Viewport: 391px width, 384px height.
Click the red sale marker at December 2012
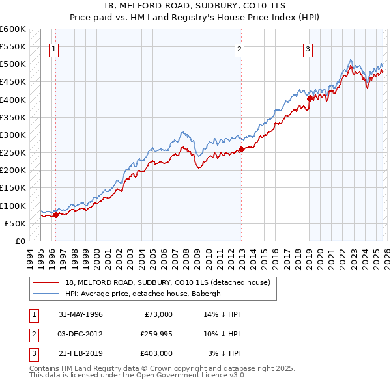pyautogui.click(x=241, y=149)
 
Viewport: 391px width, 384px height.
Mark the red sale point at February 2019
pyautogui.click(x=310, y=98)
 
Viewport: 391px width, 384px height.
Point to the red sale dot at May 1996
pyautogui.click(x=56, y=215)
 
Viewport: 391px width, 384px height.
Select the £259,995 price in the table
pyautogui.click(x=156, y=334)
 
